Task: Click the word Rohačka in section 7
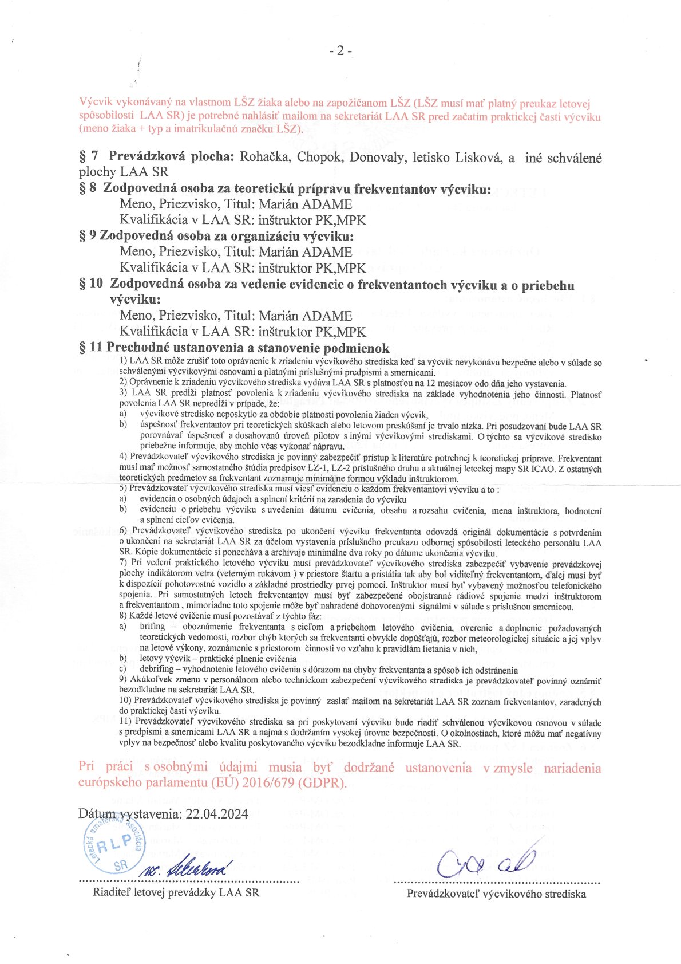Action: pos(265,158)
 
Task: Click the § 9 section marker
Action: pos(87,236)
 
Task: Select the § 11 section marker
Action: pos(90,347)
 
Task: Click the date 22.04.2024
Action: pos(217,814)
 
